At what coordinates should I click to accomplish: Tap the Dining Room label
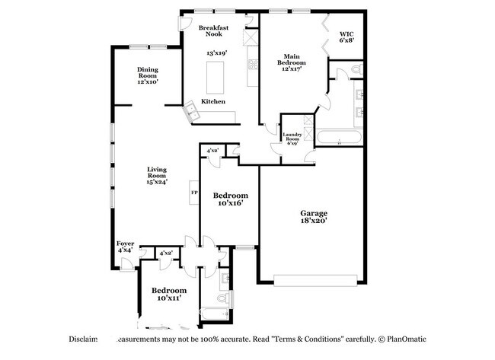click(x=148, y=75)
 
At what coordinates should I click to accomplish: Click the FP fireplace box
click(x=194, y=193)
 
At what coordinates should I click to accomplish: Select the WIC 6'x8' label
click(x=346, y=38)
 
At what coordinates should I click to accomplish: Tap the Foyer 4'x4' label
click(x=126, y=247)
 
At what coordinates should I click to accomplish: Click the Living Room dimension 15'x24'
click(x=157, y=181)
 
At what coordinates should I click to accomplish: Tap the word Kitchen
click(x=212, y=101)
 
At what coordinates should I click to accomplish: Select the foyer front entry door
click(x=127, y=264)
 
